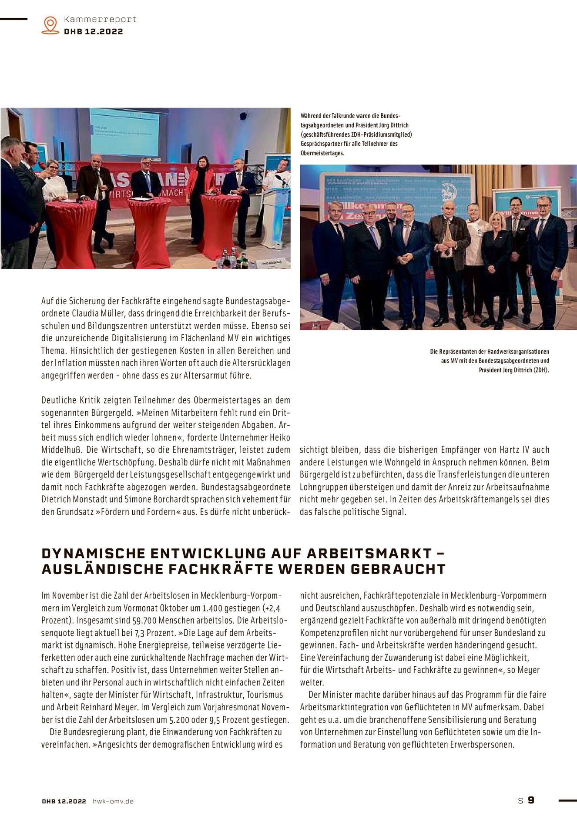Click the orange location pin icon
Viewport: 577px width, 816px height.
pyautogui.click(x=50, y=25)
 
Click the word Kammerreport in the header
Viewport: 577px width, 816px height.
pyautogui.click(x=100, y=20)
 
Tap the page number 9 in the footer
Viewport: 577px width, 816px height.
pyautogui.click(x=531, y=800)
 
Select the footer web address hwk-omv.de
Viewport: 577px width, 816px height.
pyautogui.click(x=113, y=801)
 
